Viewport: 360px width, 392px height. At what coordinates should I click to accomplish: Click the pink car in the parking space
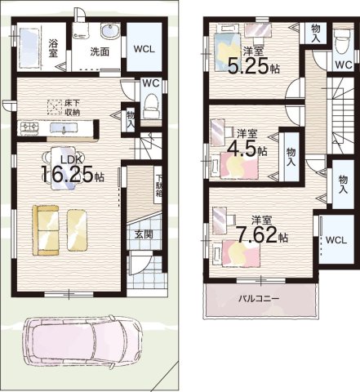(82, 342)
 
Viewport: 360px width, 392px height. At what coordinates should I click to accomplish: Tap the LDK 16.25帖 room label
(73, 170)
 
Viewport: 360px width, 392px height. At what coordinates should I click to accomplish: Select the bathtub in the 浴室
(29, 48)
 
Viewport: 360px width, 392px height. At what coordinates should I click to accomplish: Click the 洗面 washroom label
(100, 51)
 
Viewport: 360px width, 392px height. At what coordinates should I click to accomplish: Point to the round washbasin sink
(109, 31)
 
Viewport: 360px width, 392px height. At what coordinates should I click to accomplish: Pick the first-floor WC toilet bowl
(150, 106)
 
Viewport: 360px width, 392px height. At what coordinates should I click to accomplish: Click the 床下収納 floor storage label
(73, 108)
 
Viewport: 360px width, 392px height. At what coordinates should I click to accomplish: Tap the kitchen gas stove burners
(28, 127)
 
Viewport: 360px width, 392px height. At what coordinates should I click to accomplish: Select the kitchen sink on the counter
(64, 127)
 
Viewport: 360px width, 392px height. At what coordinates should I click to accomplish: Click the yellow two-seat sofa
(46, 230)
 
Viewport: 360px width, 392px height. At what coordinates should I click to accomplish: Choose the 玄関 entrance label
(144, 234)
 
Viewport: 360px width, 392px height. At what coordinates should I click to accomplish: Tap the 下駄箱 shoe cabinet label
(158, 185)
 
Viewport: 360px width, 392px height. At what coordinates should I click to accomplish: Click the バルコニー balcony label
(259, 299)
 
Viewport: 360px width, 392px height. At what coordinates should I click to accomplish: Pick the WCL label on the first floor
(144, 49)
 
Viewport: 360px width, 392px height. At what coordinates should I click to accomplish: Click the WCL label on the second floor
(336, 240)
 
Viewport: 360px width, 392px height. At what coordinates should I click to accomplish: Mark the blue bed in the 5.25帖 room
(228, 51)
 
